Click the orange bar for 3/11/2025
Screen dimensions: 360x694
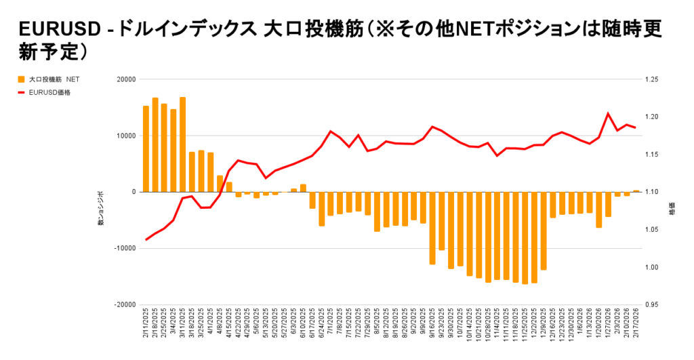coord(183,144)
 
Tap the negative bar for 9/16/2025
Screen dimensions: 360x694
coord(432,228)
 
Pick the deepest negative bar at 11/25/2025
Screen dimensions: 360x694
coord(525,238)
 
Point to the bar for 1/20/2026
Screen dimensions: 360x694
coord(598,209)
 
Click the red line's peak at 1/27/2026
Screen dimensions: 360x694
coord(608,113)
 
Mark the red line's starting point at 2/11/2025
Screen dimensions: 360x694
coord(146,240)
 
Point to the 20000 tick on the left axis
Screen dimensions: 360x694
coord(125,79)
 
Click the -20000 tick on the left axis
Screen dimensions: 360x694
coord(124,305)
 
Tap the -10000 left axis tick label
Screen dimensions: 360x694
coord(124,249)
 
